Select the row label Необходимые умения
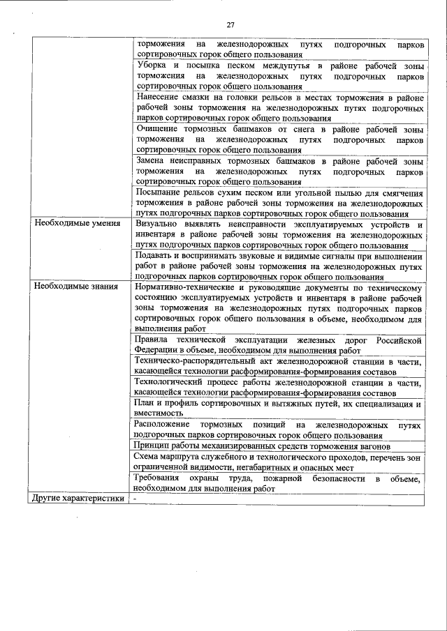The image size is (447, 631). coord(78,224)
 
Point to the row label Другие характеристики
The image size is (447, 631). coord(79,499)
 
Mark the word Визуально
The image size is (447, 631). coord(161,224)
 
